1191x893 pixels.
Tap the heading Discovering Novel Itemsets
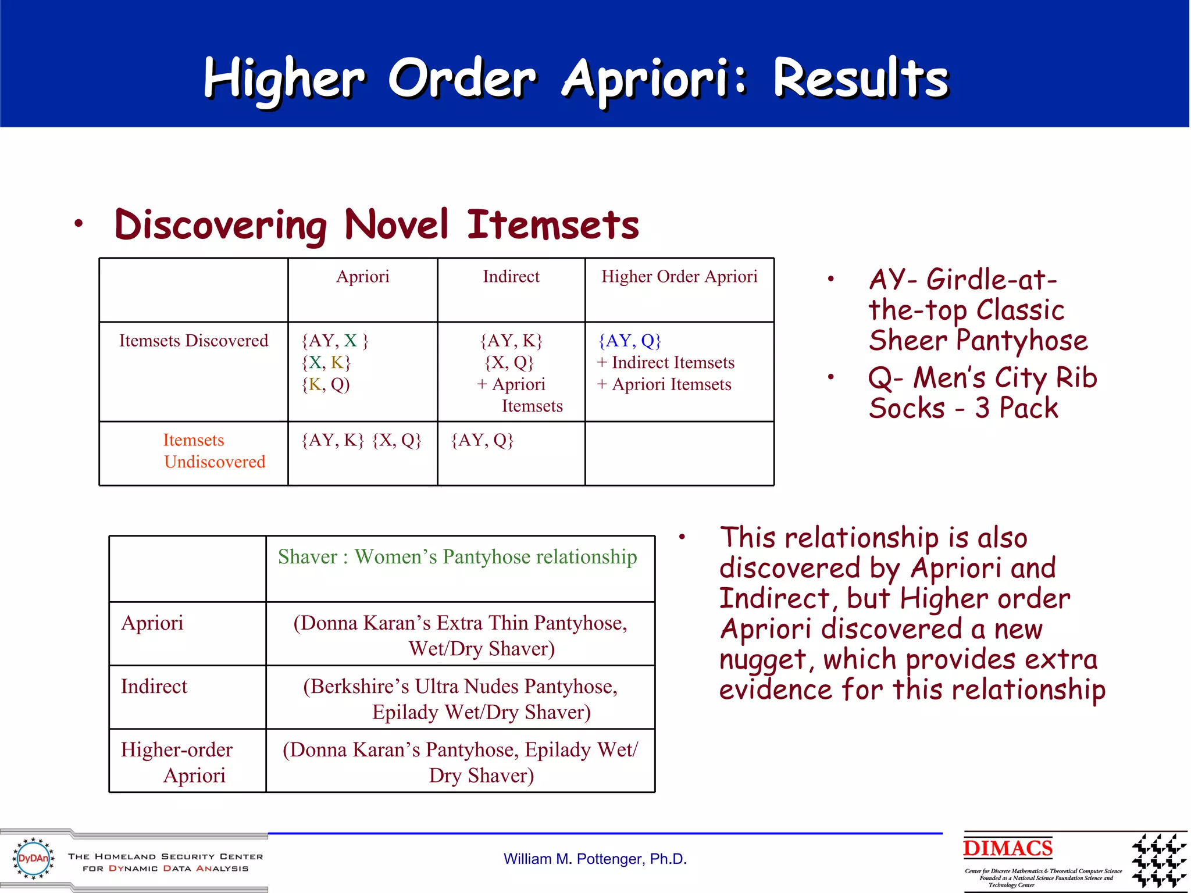pos(376,225)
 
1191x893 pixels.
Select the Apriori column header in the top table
pos(362,277)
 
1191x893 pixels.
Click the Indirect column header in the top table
pos(511,277)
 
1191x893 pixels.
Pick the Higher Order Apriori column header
pos(679,277)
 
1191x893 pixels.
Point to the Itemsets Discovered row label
pos(193,341)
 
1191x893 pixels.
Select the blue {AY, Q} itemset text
pos(630,341)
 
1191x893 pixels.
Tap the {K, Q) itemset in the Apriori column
pos(326,385)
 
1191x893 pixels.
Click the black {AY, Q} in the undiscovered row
pos(482,440)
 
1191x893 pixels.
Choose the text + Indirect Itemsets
pos(665,363)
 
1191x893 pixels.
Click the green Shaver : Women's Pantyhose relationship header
pos(457,557)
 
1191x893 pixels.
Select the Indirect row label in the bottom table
pos(154,687)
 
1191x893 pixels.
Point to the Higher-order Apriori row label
pos(177,762)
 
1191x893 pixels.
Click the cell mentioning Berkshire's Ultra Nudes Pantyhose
pos(460,698)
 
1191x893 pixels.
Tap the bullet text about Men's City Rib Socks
pos(982,392)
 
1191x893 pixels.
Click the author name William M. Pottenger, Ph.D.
pos(595,859)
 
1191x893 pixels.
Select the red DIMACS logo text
pos(1007,848)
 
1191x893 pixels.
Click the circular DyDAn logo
pos(33,858)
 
